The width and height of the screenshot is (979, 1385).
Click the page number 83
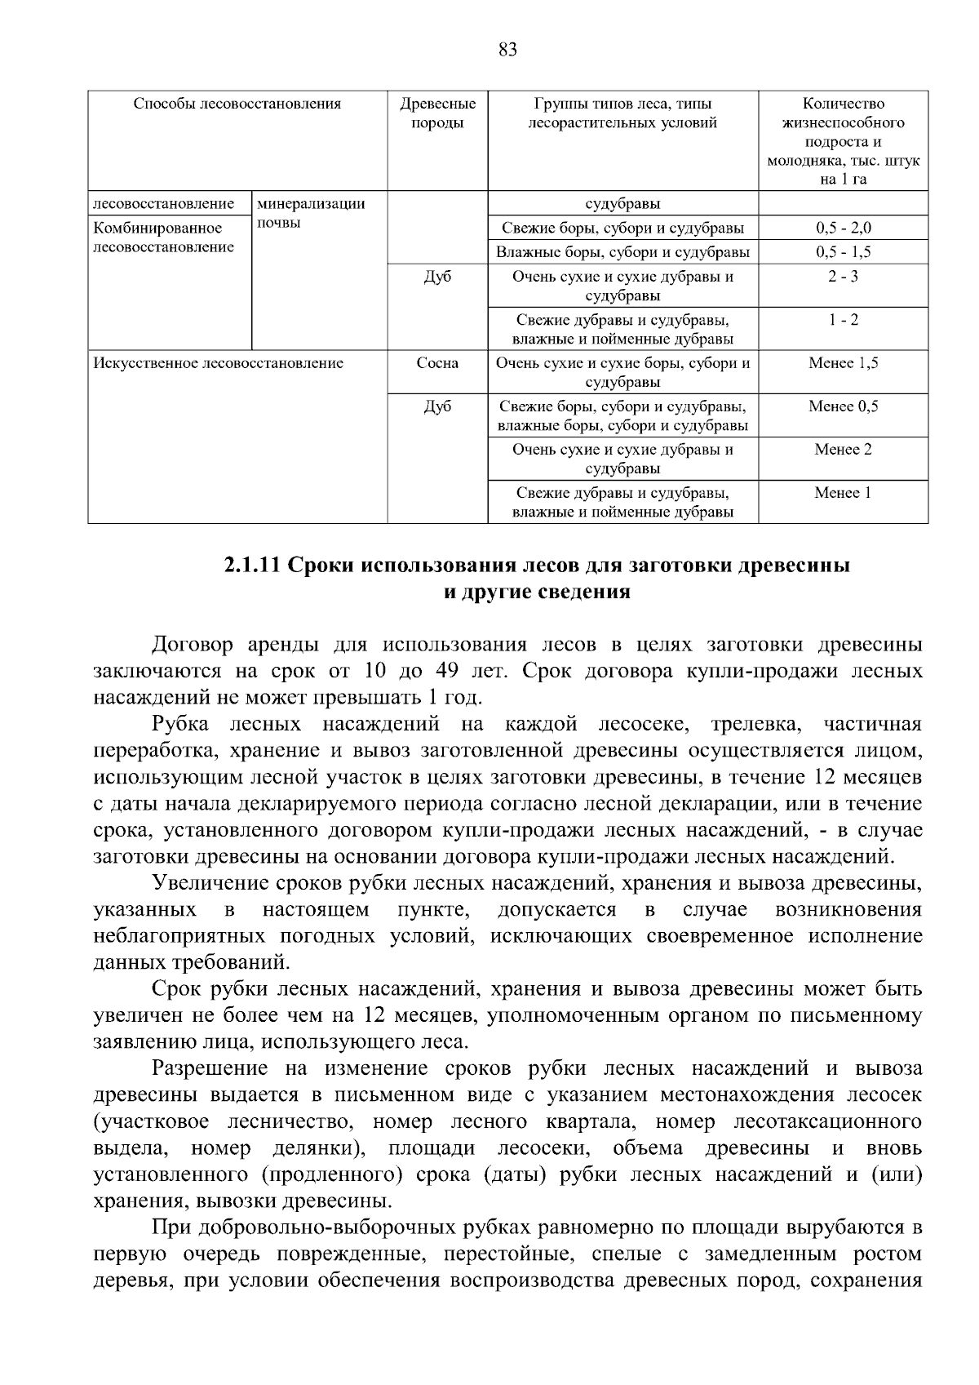[507, 51]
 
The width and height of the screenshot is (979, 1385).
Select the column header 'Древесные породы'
[437, 113]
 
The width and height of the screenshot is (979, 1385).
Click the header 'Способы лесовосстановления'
[237, 104]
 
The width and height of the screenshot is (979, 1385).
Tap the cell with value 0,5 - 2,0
[843, 229]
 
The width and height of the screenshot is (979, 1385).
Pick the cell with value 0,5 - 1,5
[843, 252]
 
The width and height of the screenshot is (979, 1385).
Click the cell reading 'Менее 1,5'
[843, 363]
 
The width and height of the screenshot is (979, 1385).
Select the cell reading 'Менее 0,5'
[843, 406]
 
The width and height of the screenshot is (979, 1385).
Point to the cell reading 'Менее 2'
[843, 450]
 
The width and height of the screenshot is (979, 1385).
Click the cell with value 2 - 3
[843, 277]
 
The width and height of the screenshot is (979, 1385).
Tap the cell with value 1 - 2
[843, 320]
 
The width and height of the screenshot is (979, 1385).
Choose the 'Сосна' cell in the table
[437, 363]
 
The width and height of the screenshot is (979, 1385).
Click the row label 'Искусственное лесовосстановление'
[219, 363]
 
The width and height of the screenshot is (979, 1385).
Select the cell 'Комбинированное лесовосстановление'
[163, 237]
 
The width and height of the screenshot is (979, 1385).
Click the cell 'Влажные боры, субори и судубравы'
[622, 252]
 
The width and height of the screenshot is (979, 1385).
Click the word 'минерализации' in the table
[311, 204]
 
